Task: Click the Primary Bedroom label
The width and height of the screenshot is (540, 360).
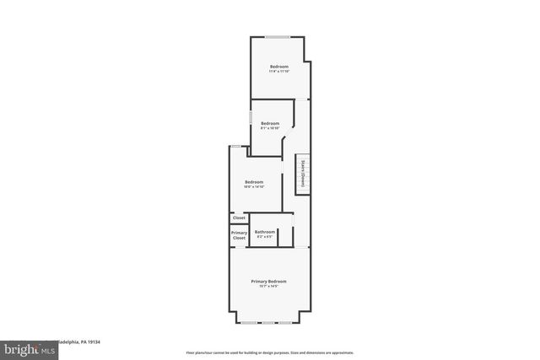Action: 268,281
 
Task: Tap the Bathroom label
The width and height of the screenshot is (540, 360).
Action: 265,232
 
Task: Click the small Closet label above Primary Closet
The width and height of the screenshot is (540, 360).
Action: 239,218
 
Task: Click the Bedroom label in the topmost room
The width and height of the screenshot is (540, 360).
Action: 279,67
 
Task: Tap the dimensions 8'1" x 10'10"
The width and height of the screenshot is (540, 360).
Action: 269,128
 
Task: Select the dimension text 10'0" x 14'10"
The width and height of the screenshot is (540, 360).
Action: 254,187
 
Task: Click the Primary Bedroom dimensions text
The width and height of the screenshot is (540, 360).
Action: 268,287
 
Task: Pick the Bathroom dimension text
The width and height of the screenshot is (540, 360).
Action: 265,237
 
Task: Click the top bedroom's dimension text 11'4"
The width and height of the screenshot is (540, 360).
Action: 279,72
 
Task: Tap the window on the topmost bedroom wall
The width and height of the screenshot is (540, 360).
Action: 278,36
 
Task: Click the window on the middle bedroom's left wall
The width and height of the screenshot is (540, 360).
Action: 251,117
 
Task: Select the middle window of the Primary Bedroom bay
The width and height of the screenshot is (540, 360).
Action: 268,323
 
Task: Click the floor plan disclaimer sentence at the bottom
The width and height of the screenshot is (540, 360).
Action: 269,353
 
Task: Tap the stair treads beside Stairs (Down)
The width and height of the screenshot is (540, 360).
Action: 309,175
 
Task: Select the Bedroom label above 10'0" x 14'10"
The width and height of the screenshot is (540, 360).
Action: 254,182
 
